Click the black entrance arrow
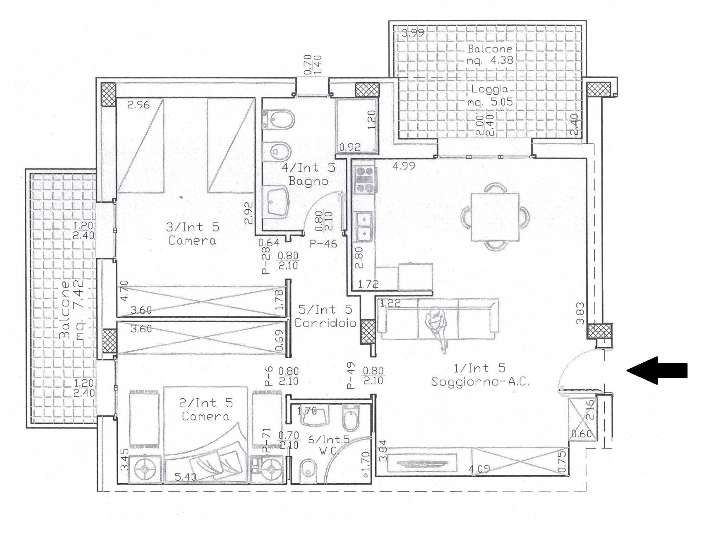pyautogui.click(x=657, y=370)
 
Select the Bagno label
pyautogui.click(x=308, y=181)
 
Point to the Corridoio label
pyautogui.click(x=325, y=323)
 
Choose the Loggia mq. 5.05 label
pyautogui.click(x=490, y=96)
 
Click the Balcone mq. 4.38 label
pyautogui.click(x=490, y=54)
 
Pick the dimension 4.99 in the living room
pyautogui.click(x=404, y=166)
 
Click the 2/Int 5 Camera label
pyautogui.click(x=206, y=409)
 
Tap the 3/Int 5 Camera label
pyautogui.click(x=192, y=234)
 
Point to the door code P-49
pyautogui.click(x=351, y=376)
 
